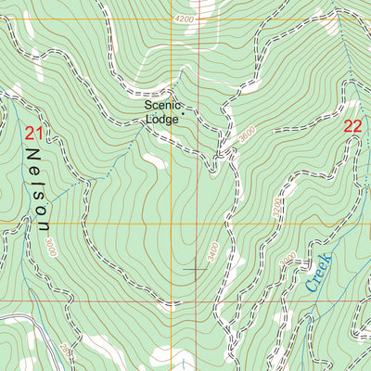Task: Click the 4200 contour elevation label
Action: coord(185,19)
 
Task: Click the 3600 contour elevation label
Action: coord(245,134)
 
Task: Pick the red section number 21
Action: coord(34,134)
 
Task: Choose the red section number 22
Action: coord(352,127)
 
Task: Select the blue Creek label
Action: coord(318,272)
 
